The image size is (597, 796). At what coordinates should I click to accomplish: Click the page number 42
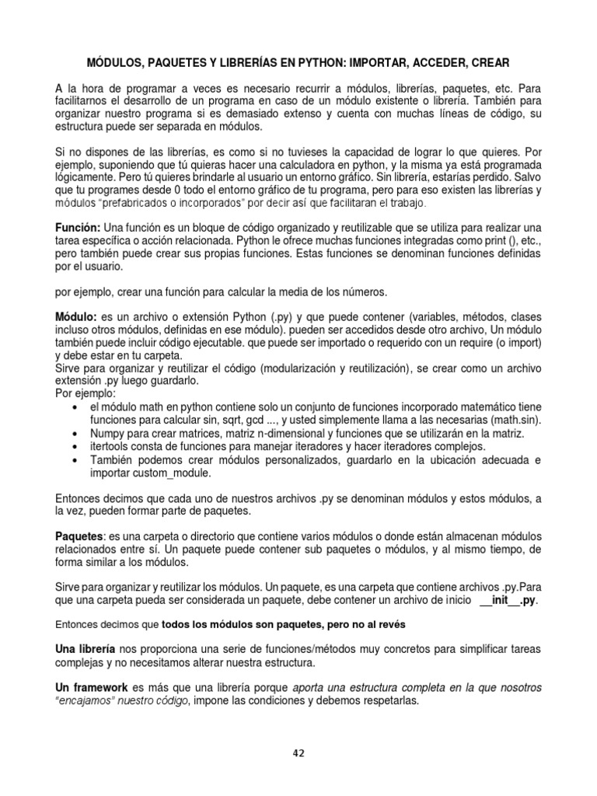(x=298, y=752)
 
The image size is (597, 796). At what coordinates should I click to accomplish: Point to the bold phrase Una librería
(x=86, y=649)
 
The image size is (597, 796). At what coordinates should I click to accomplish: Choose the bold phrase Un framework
(x=90, y=689)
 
